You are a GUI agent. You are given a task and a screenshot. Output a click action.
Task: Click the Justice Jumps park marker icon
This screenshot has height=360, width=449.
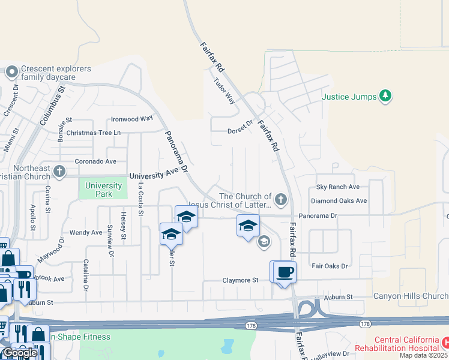point(385,97)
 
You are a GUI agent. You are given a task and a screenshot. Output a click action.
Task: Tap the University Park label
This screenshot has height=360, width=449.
point(103,190)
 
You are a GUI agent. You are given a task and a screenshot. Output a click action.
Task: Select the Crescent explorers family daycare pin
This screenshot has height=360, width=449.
point(11,73)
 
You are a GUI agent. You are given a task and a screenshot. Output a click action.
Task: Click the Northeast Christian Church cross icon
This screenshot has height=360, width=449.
point(59,172)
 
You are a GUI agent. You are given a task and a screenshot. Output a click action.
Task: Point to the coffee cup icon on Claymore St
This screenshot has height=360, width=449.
point(285,271)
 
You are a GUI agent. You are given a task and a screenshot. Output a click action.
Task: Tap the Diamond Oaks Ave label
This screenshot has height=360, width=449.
point(339,201)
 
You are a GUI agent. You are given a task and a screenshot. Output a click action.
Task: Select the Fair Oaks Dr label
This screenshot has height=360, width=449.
point(329,266)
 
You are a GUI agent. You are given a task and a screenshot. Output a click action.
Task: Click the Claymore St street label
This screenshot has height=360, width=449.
point(240,280)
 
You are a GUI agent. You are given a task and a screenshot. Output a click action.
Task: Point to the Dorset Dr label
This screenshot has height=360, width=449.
point(241,131)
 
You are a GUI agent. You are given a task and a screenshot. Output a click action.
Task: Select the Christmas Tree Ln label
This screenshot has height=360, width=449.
point(94,133)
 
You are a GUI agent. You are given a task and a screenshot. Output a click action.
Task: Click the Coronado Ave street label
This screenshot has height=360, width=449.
point(95,161)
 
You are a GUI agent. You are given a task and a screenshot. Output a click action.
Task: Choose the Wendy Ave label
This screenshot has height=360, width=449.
point(86,232)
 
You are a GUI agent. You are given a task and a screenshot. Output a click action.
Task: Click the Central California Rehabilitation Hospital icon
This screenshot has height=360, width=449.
point(445,342)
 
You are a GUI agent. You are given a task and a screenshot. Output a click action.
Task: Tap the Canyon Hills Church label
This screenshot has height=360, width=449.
point(411,296)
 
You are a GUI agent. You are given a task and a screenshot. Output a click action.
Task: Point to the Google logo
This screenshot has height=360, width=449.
point(19,353)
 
